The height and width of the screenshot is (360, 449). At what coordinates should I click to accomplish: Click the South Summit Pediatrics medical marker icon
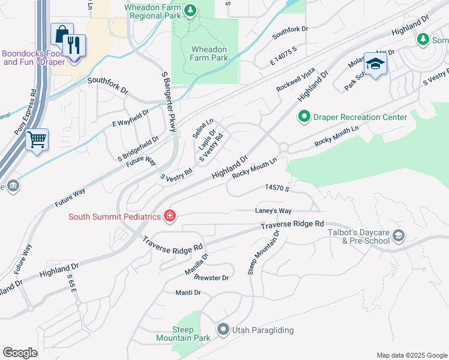[x=169, y=216]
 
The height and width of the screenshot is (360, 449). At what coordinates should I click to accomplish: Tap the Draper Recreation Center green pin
[x=304, y=117]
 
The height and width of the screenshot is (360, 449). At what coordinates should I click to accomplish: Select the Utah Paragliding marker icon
[x=223, y=329]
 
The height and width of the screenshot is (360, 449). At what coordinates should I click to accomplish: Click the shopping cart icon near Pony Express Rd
[x=37, y=139]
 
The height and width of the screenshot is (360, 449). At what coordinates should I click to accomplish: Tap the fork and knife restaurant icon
[x=74, y=45]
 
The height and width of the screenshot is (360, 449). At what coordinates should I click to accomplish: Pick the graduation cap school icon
[x=375, y=64]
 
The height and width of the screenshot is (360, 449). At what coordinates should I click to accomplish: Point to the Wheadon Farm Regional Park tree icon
[x=190, y=10]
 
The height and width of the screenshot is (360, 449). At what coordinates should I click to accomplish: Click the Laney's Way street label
[x=273, y=211]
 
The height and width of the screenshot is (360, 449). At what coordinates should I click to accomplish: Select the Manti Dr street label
[x=188, y=292]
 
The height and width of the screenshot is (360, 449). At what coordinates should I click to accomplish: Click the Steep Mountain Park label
[x=191, y=334]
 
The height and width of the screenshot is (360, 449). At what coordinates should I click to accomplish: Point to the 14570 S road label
[x=278, y=188]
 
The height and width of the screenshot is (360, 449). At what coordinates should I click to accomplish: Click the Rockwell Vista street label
[x=295, y=80]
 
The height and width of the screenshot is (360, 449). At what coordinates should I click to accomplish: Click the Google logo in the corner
[x=20, y=353]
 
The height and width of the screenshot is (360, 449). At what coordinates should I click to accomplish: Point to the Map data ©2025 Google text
[x=411, y=355]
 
